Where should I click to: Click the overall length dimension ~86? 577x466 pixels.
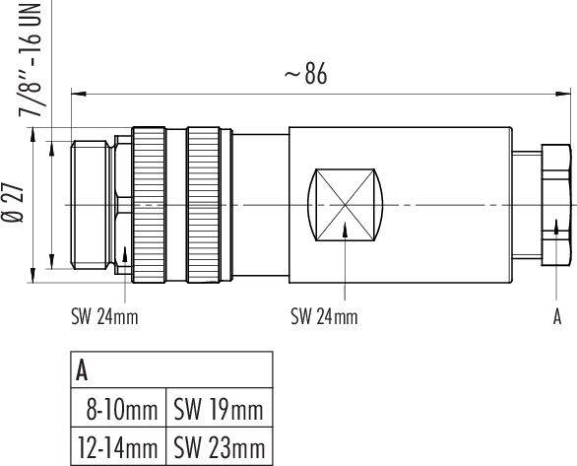(x=305, y=75)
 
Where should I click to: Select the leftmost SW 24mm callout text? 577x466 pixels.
(x=104, y=316)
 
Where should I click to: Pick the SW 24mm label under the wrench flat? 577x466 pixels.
(x=324, y=316)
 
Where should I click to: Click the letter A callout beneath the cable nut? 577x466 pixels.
(x=557, y=316)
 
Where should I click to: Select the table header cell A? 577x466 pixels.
(x=84, y=370)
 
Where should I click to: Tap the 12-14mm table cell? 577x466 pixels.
(x=118, y=447)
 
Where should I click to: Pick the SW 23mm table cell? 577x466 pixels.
(x=219, y=447)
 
